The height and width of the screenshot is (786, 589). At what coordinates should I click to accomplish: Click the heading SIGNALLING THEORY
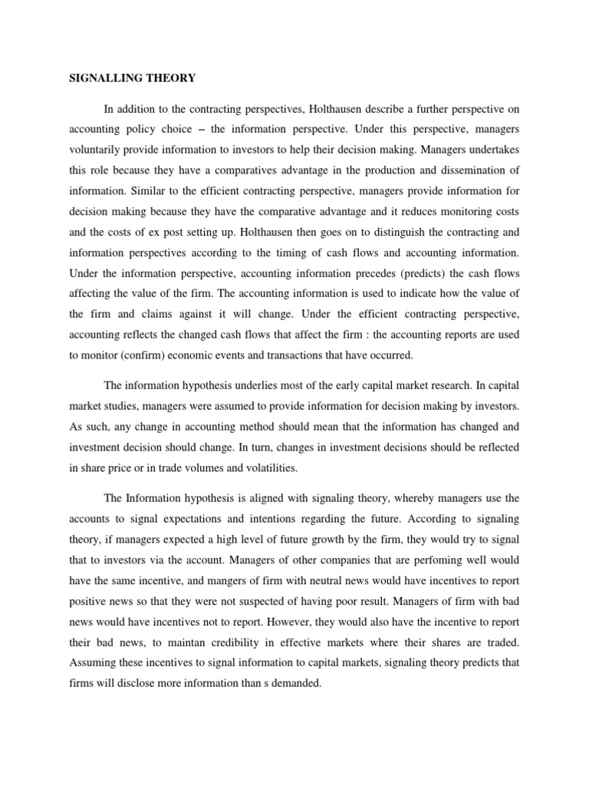133,78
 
